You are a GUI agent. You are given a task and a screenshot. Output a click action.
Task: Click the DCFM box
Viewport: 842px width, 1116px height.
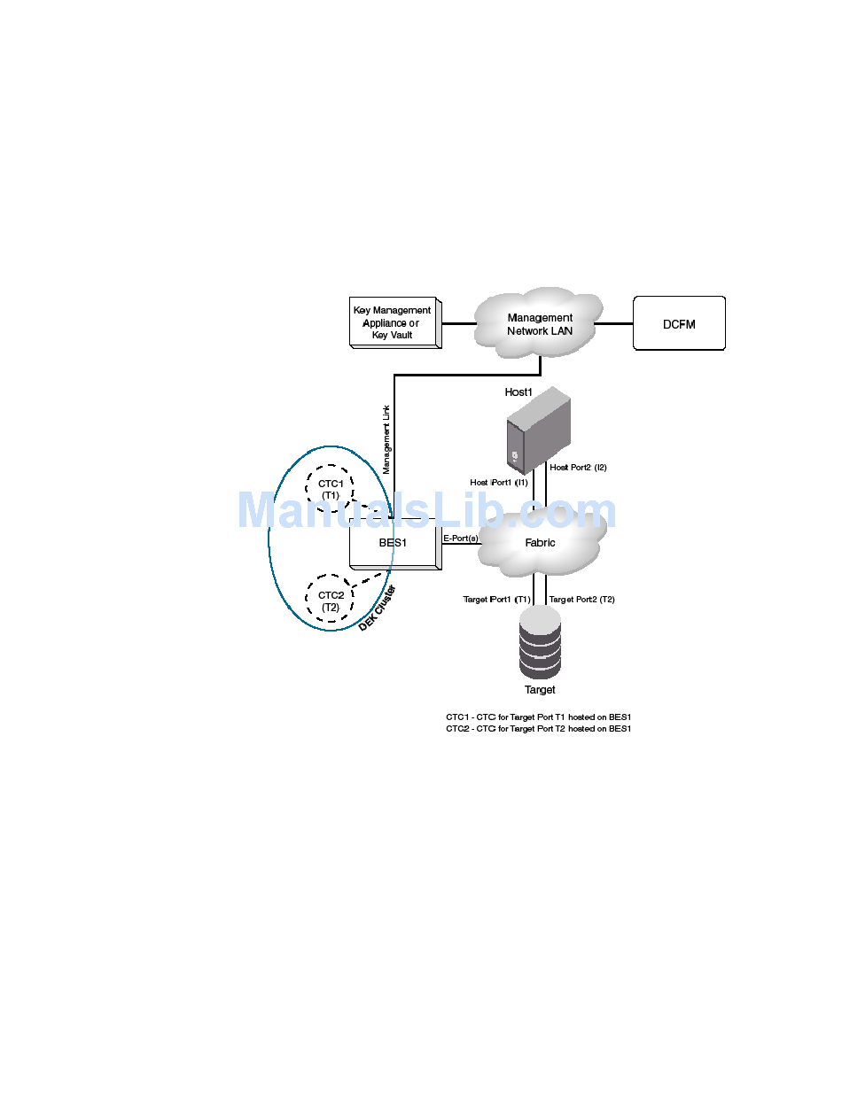[679, 323]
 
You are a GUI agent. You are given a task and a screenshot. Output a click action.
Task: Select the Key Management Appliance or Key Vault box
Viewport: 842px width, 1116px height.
[393, 322]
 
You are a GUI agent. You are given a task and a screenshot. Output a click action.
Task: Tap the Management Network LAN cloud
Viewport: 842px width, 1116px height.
[539, 323]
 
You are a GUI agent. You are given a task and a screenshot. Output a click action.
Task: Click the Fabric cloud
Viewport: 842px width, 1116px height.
[540, 542]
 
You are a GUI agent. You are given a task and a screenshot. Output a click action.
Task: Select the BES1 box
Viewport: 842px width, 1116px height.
[394, 543]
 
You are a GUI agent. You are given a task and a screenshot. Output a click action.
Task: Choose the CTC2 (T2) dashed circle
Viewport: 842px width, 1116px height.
[330, 601]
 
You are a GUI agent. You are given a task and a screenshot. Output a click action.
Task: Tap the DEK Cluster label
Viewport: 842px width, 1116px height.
[378, 608]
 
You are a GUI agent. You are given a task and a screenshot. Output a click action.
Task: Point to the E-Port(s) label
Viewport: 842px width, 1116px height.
[461, 538]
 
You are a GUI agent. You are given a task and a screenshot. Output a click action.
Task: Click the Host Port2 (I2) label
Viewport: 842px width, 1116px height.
[578, 467]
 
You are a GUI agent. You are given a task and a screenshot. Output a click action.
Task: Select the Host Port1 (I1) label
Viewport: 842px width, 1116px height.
[499, 482]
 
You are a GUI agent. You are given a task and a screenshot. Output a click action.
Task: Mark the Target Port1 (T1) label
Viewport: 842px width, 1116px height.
[496, 600]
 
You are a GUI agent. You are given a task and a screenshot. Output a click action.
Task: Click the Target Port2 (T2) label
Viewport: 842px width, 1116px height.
[582, 600]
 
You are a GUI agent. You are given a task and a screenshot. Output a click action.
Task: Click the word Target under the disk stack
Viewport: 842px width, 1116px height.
[540, 690]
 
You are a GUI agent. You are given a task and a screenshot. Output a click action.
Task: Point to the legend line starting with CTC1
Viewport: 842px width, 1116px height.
[538, 717]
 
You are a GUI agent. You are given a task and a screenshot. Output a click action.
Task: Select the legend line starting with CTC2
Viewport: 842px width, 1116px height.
[538, 728]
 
